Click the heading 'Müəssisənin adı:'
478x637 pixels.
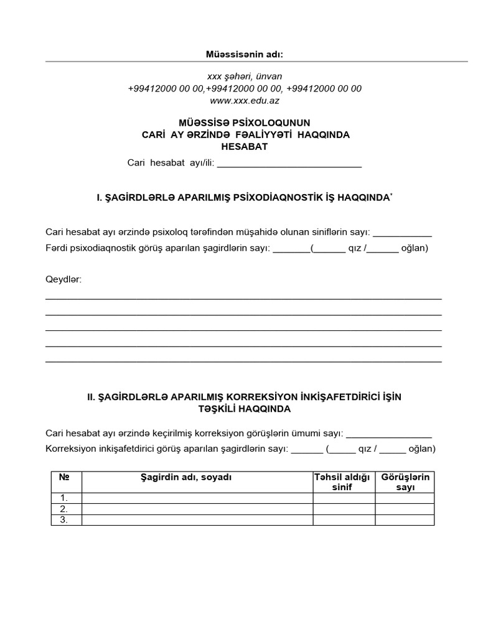(x=244, y=55)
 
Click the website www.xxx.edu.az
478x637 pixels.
(x=245, y=100)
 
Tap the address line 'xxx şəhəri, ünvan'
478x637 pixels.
(x=245, y=76)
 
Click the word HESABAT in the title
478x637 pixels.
(x=245, y=147)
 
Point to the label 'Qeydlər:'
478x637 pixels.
(x=63, y=279)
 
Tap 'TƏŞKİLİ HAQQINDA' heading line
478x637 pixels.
(x=245, y=409)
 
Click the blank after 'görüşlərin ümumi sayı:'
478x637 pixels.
(x=388, y=434)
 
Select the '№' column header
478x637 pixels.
(x=63, y=477)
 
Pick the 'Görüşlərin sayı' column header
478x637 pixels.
(x=405, y=482)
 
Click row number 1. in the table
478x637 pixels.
(x=63, y=498)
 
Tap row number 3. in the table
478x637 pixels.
(x=63, y=520)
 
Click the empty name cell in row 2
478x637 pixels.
(x=197, y=509)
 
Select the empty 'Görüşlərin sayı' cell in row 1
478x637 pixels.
(x=405, y=498)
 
